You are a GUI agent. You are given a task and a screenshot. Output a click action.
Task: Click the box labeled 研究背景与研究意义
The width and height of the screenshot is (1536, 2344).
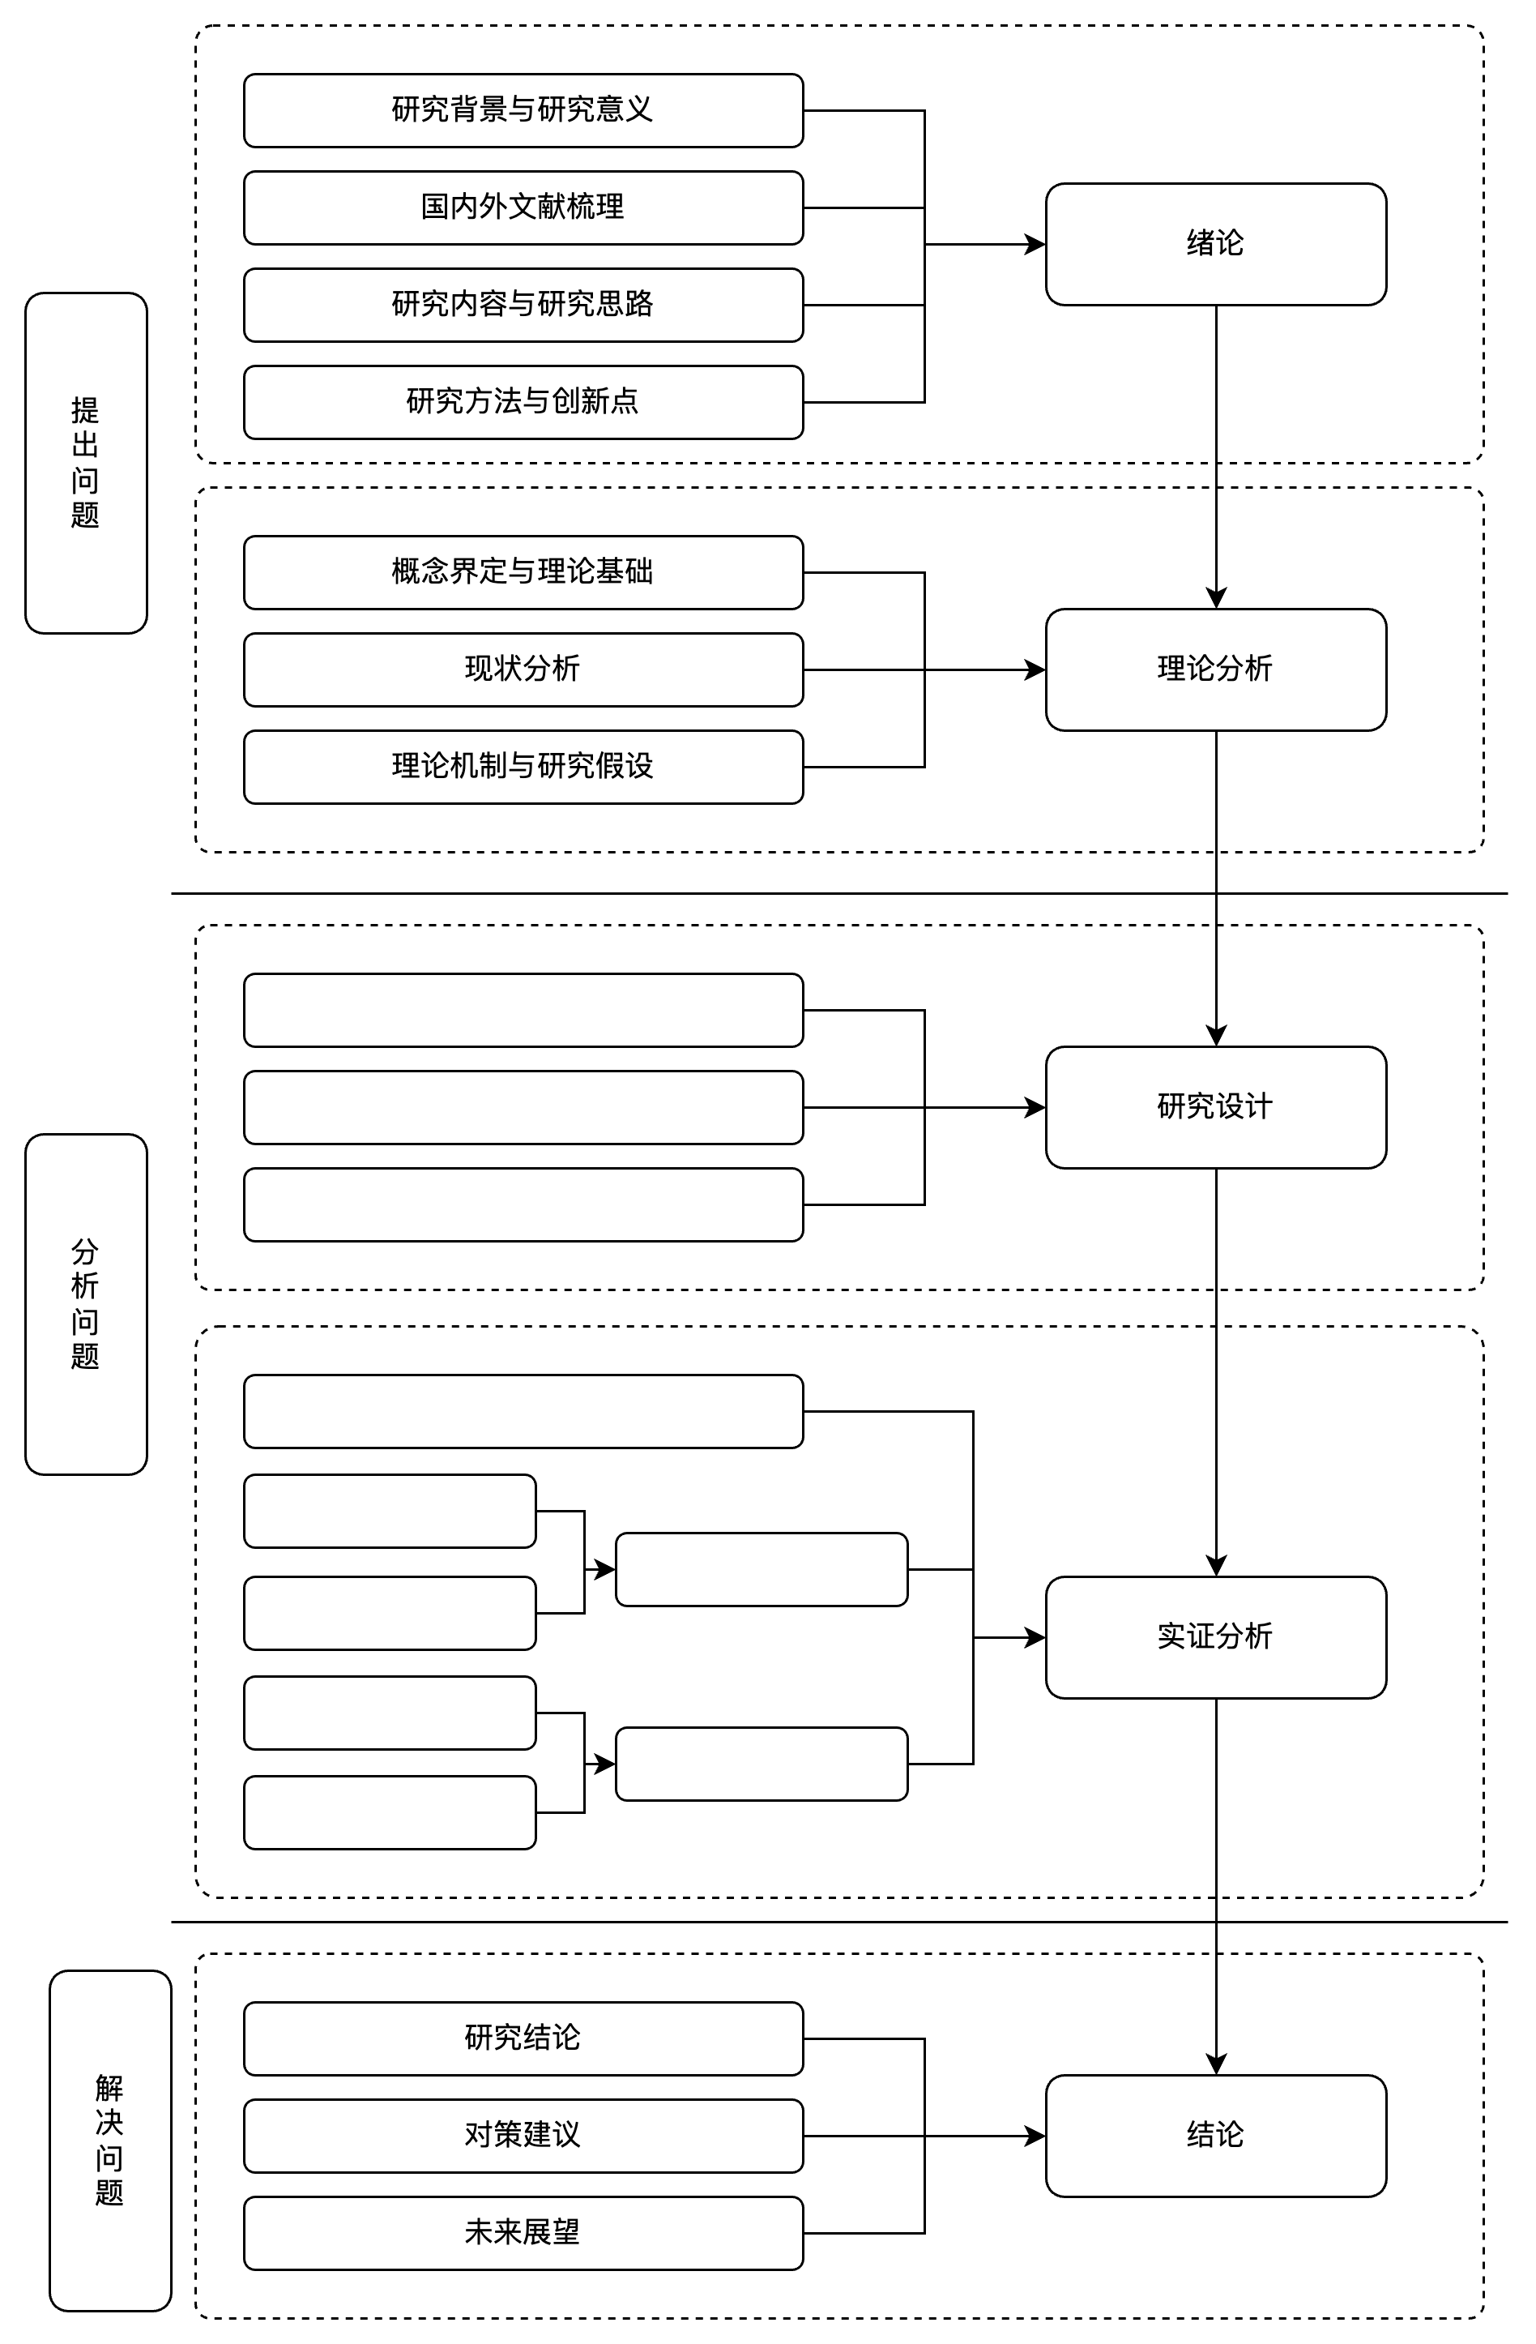(523, 110)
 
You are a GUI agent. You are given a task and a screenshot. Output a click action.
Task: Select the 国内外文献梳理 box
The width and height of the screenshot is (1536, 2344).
(523, 207)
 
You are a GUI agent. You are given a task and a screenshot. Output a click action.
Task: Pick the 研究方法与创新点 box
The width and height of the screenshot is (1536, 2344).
(523, 402)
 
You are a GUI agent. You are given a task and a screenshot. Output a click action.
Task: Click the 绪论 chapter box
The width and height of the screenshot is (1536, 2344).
(1216, 244)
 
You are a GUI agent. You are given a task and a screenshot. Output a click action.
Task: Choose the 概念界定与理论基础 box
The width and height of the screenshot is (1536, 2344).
(523, 572)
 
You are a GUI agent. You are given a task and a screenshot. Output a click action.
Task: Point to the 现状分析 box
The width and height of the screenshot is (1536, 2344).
(523, 669)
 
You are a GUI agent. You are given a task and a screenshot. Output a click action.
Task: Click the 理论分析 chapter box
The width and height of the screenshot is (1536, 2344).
(1216, 669)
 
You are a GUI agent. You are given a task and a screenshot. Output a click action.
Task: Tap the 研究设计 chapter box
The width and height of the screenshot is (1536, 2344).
(1216, 1107)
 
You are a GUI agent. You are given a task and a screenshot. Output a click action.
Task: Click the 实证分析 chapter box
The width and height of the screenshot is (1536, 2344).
(1216, 1638)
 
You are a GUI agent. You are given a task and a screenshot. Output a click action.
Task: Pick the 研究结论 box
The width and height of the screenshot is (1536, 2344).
(523, 2038)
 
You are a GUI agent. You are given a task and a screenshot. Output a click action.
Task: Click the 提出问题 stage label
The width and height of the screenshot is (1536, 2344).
(86, 463)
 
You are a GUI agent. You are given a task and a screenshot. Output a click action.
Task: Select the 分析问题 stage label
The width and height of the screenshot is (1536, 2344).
(86, 1304)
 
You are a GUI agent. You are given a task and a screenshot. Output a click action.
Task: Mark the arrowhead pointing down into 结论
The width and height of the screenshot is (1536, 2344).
(1216, 2065)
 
